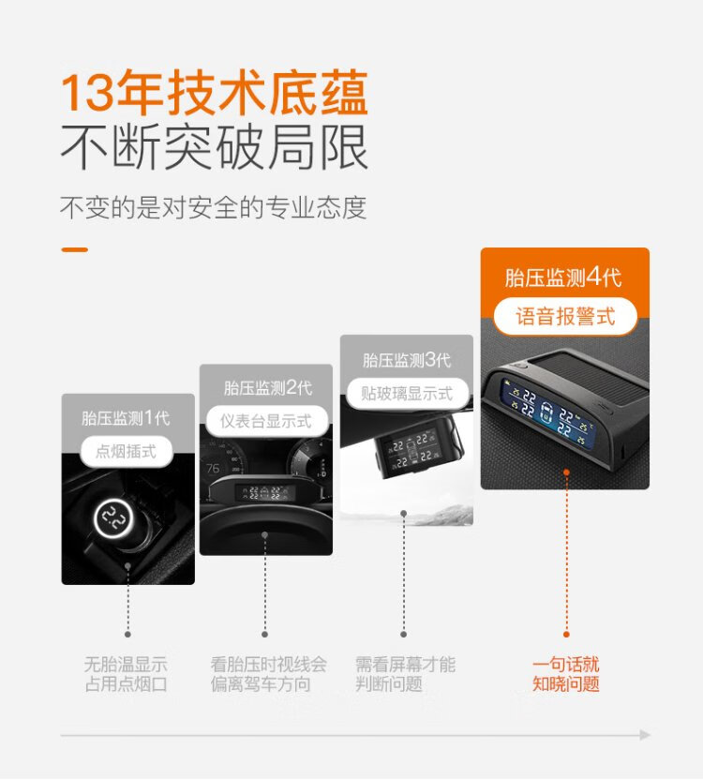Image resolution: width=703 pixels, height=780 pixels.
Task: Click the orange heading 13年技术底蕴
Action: pos(215,94)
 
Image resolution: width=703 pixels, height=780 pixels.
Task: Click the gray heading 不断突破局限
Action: pos(215,147)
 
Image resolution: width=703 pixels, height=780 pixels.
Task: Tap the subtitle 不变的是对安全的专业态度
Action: pos(214,207)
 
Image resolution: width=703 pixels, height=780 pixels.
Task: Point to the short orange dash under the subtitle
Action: pos(75,249)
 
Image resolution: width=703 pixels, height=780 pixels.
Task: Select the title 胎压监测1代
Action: pos(126,418)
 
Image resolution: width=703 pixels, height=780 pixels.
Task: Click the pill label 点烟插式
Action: pos(127,452)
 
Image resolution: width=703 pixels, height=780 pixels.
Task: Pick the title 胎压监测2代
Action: pos(268,388)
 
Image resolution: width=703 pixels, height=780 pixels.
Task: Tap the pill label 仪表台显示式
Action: pos(267,421)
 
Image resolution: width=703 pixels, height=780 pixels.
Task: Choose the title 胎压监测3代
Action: pos(407,360)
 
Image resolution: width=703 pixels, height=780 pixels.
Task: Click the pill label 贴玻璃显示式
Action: pos(407,394)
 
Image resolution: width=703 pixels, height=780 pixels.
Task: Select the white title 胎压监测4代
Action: pos(563,277)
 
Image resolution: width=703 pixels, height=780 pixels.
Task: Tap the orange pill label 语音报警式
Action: pos(565,316)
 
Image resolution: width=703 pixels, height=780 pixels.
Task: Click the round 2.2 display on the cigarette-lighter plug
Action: pos(113,518)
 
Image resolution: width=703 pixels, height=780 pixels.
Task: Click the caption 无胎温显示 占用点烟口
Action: pos(126,674)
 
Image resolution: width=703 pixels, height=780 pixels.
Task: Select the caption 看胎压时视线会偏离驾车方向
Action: pos(268,674)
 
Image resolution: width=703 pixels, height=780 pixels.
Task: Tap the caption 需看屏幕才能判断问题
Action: pos(406,674)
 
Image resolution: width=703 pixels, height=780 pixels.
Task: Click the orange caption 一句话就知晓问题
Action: pos(566,674)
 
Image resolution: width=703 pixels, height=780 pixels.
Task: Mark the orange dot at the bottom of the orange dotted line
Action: pos(566,635)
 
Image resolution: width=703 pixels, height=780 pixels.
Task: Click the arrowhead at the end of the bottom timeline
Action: pos(645,735)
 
